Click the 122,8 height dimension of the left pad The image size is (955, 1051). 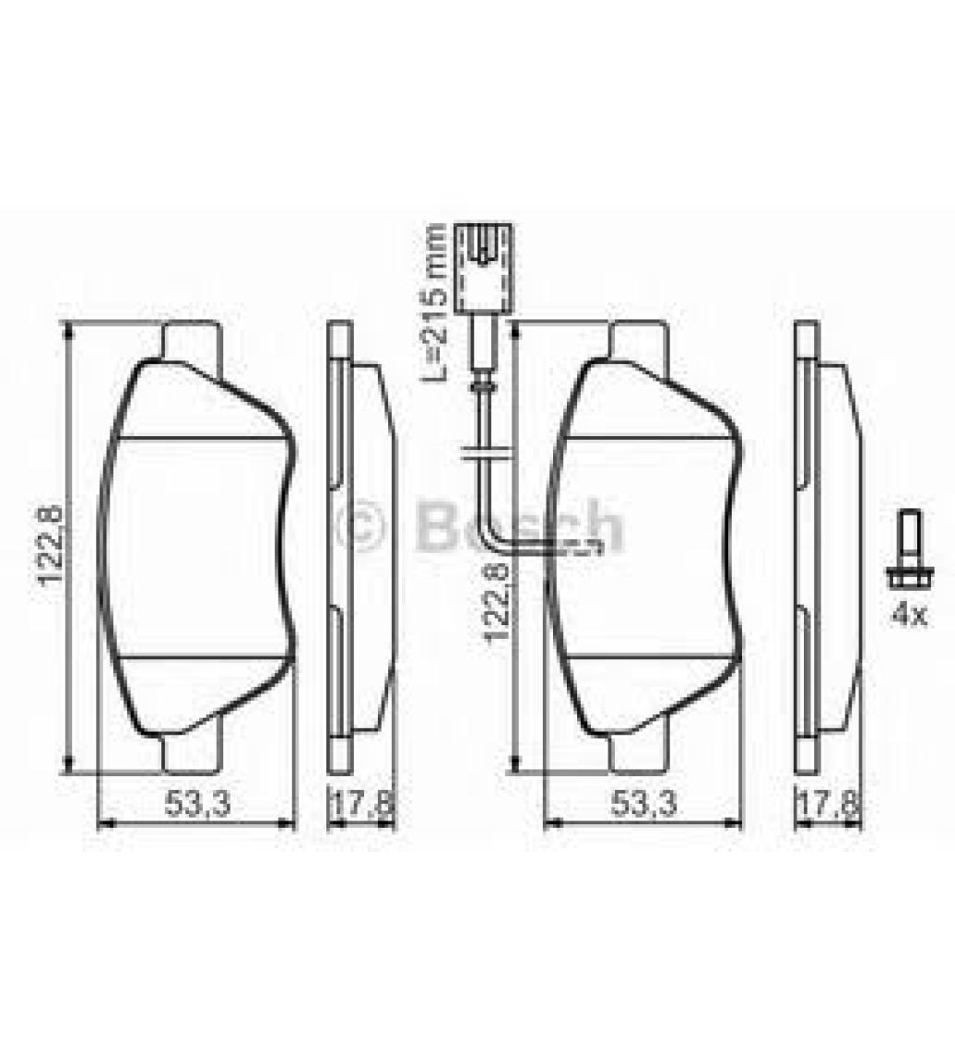(x=51, y=547)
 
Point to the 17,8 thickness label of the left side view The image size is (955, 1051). (x=363, y=803)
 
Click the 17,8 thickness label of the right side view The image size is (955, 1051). (x=829, y=803)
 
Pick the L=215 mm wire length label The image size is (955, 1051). (x=433, y=303)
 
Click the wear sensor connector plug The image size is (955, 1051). (x=482, y=267)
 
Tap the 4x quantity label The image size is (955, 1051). (x=908, y=614)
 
